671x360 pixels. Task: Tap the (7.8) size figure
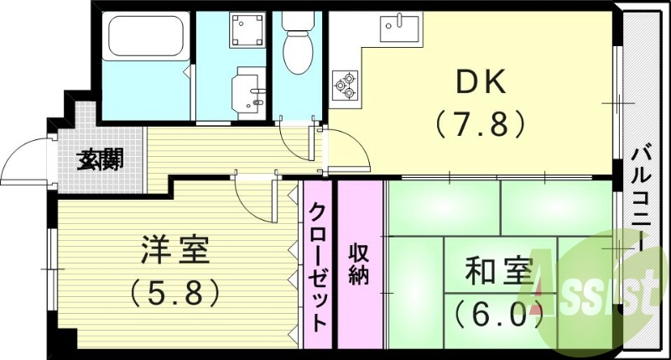[480, 124]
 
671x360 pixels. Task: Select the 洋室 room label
[174, 251]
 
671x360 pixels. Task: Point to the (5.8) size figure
[174, 291]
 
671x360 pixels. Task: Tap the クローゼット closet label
[317, 267]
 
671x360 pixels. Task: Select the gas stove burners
[345, 84]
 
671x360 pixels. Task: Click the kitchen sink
[401, 29]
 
